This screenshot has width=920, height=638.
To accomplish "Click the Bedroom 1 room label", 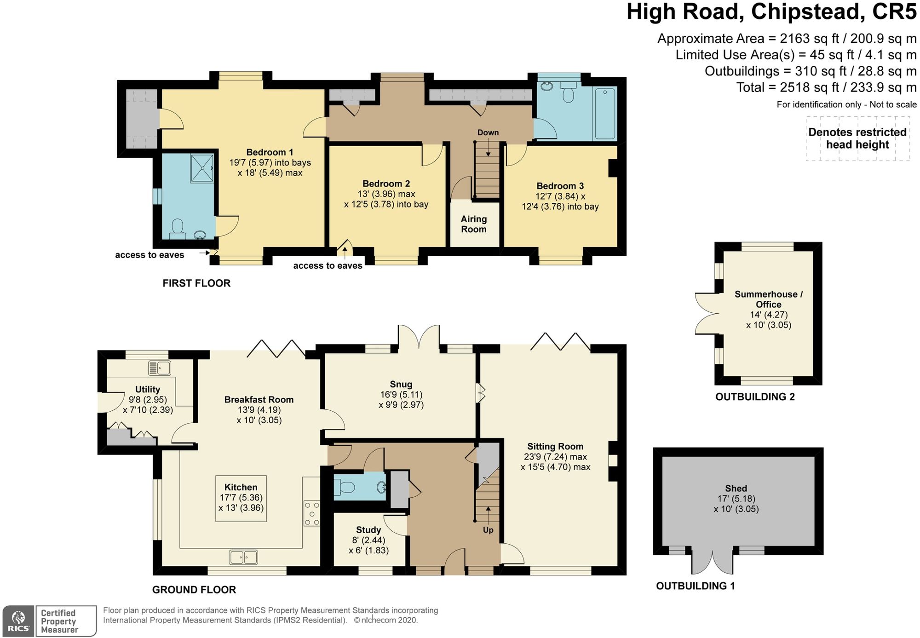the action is tap(270, 152).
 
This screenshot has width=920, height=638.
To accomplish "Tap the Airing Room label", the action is tap(474, 224).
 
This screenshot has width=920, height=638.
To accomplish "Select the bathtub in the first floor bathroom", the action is tap(605, 114).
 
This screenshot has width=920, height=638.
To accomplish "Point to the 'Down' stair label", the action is tap(488, 132).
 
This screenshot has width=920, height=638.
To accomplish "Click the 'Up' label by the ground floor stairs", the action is tap(488, 530).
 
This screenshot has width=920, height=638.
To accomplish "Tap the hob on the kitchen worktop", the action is tap(311, 513).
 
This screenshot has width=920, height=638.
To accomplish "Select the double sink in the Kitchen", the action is tap(243, 558).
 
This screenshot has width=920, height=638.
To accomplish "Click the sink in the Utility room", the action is tap(160, 368).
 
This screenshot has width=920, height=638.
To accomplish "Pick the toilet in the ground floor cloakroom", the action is tap(345, 486).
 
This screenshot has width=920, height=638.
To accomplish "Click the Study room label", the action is tap(368, 530).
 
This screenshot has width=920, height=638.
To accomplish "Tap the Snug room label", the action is tap(401, 384).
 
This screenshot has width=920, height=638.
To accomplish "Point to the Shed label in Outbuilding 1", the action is tap(736, 489).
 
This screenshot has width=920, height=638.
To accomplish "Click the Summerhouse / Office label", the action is tap(769, 299).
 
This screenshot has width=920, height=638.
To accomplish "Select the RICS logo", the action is tap(18, 621).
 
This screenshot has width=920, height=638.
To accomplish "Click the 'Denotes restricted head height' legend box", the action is tap(857, 138).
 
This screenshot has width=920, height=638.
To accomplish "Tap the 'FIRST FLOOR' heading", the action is tap(196, 283).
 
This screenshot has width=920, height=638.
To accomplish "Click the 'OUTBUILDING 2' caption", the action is tap(755, 397).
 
